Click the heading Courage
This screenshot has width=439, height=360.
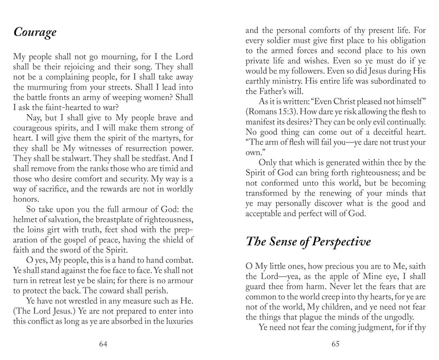point(34,33)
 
